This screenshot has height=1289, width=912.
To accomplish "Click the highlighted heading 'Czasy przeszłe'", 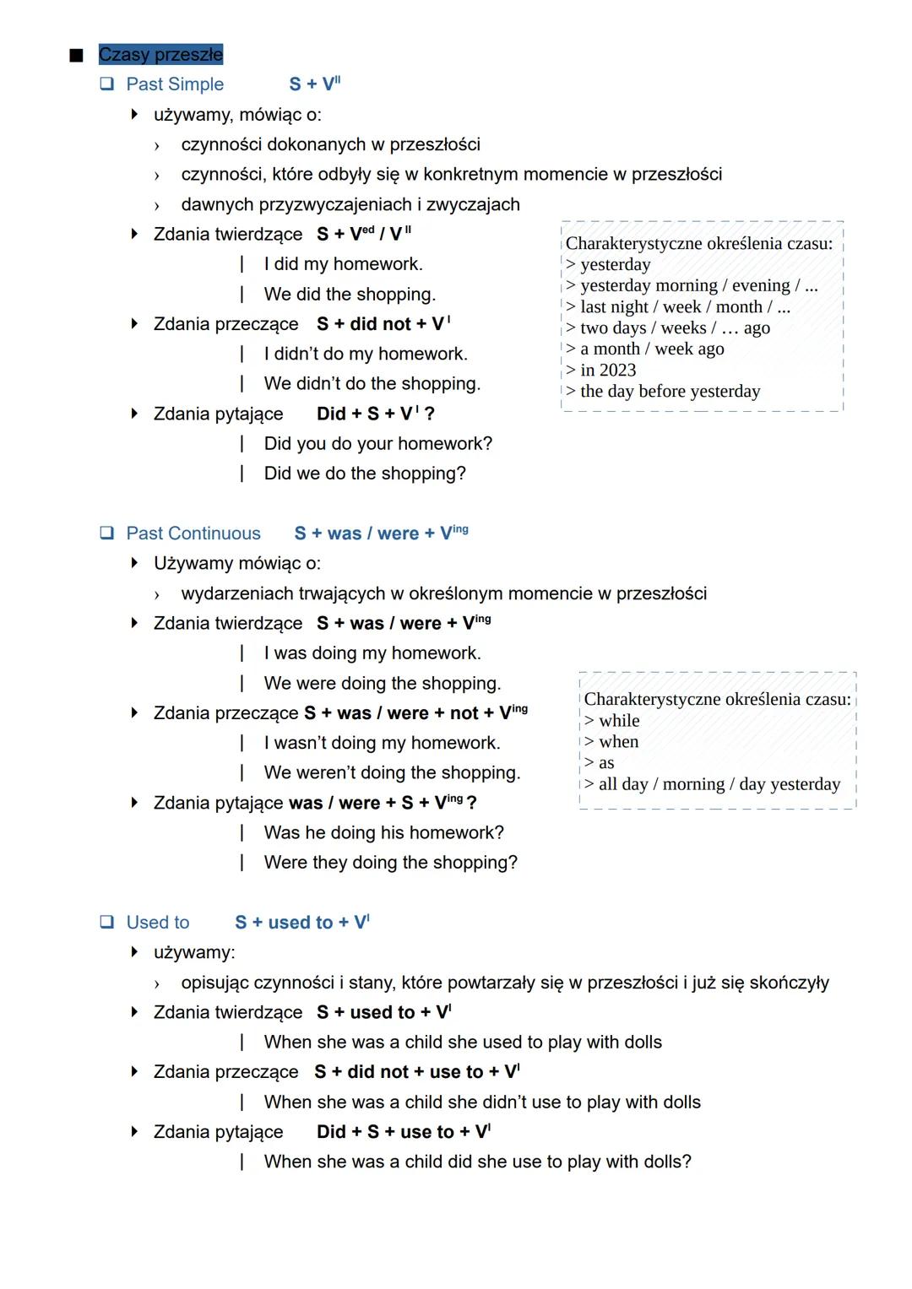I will [x=160, y=55].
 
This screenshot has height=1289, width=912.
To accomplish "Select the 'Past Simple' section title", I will [x=175, y=84].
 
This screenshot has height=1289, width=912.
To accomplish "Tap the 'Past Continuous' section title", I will [x=193, y=533].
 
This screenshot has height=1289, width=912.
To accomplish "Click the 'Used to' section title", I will [x=158, y=923].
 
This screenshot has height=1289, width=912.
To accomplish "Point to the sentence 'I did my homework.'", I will [x=343, y=264].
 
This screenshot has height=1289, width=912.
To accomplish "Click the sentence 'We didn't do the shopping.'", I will [x=372, y=384].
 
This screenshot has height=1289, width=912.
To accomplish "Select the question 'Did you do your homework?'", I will [x=377, y=444].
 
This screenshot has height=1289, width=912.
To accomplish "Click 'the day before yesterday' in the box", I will [x=670, y=392].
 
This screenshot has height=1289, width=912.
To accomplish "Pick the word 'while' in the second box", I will [x=619, y=721].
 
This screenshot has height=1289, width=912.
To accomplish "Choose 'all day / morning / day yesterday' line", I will [x=719, y=784].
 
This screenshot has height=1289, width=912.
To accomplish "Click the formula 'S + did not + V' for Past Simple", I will [x=383, y=324].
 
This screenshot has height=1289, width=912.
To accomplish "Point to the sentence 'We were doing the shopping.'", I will [x=382, y=684].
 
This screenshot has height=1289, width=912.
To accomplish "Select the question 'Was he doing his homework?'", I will [x=383, y=833].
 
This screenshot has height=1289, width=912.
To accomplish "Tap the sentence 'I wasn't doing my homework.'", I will [x=382, y=744].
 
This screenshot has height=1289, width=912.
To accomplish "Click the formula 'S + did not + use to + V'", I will [x=417, y=1072].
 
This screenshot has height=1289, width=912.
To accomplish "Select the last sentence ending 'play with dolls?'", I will [x=477, y=1162].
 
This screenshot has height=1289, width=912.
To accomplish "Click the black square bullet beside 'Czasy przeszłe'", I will [x=77, y=56].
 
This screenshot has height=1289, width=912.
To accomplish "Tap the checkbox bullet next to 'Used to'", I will [x=107, y=922].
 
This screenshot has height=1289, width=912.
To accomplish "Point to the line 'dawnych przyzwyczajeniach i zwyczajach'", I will [x=350, y=205].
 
